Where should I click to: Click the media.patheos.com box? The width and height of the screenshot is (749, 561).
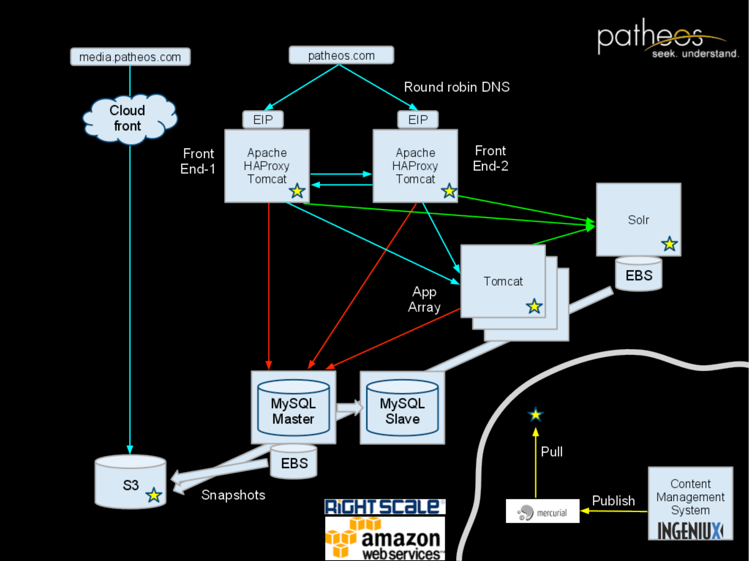(x=130, y=57)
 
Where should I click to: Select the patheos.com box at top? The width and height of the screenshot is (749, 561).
(x=341, y=55)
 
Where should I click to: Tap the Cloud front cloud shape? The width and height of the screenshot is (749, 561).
(x=128, y=119)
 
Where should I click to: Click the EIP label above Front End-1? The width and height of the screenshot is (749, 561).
(x=263, y=120)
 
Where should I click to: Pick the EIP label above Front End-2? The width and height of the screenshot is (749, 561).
(x=418, y=120)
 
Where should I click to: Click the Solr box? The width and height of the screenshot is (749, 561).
(x=638, y=220)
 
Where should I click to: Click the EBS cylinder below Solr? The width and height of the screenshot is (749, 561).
(x=639, y=275)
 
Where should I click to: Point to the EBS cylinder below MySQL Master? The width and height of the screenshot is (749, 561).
(x=294, y=462)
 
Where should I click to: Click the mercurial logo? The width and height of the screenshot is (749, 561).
(x=542, y=512)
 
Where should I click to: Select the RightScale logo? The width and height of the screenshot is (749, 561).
(x=385, y=507)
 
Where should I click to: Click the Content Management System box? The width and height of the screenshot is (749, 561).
(x=690, y=503)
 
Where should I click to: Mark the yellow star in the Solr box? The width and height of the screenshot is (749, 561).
(x=669, y=244)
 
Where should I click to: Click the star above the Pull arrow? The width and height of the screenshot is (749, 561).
(x=536, y=415)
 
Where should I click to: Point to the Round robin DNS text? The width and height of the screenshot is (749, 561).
(x=457, y=87)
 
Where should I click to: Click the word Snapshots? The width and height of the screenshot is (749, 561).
(x=233, y=495)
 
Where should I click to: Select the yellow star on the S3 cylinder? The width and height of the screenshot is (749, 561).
(x=154, y=495)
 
